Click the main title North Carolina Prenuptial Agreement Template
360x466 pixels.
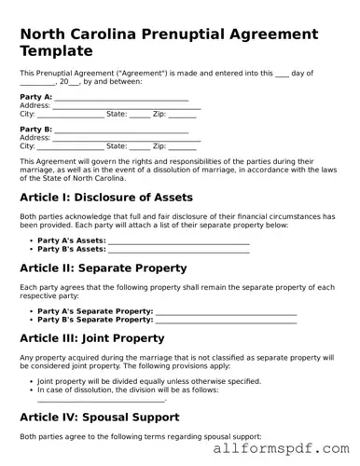(169, 42)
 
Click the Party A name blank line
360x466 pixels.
(121, 98)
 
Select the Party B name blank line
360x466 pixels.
(121, 130)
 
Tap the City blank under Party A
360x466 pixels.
(70, 115)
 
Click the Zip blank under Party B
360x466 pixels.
(183, 146)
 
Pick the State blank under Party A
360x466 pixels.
(139, 115)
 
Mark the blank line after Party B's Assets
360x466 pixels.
(179, 251)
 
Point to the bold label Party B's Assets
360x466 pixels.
(71, 250)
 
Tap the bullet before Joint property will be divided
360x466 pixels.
(31, 381)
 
